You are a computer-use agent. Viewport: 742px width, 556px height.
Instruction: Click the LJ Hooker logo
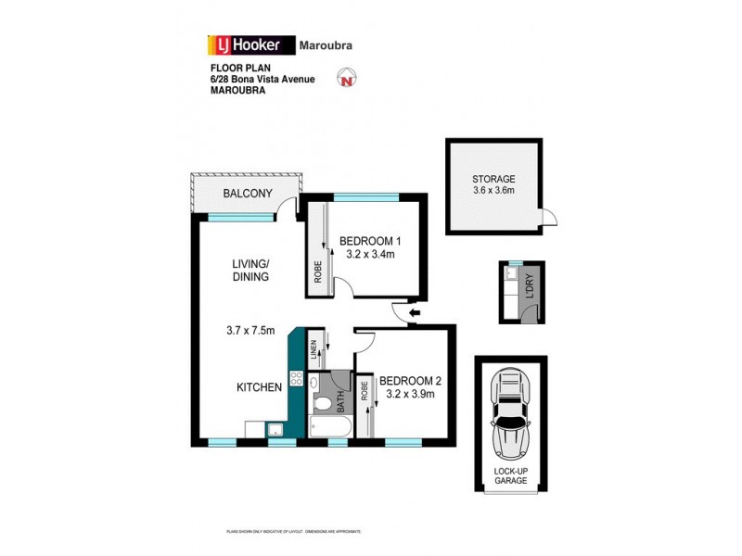click(250, 44)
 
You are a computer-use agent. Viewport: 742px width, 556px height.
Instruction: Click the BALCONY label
click(248, 194)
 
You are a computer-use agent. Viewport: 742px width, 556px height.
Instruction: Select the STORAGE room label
click(493, 179)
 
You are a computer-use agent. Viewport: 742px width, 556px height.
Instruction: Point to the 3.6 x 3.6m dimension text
click(493, 192)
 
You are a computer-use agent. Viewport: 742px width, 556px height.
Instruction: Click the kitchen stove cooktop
click(297, 378)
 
